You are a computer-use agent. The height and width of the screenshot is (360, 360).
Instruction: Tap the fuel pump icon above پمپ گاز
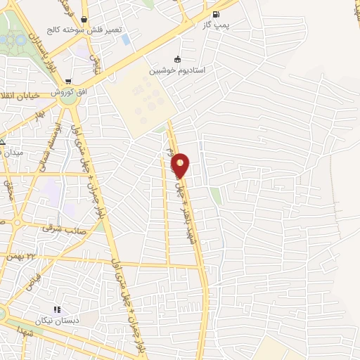[x=215, y=14]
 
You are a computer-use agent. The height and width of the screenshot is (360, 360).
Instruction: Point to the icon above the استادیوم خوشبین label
[x=176, y=59]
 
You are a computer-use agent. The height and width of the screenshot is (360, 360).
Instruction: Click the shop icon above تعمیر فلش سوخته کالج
[x=85, y=20]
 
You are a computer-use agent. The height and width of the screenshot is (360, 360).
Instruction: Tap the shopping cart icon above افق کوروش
[x=68, y=82]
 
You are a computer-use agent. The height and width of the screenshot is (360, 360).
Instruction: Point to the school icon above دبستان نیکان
[x=57, y=309]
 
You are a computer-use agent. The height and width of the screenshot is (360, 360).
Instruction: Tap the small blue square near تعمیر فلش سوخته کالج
[x=126, y=39]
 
